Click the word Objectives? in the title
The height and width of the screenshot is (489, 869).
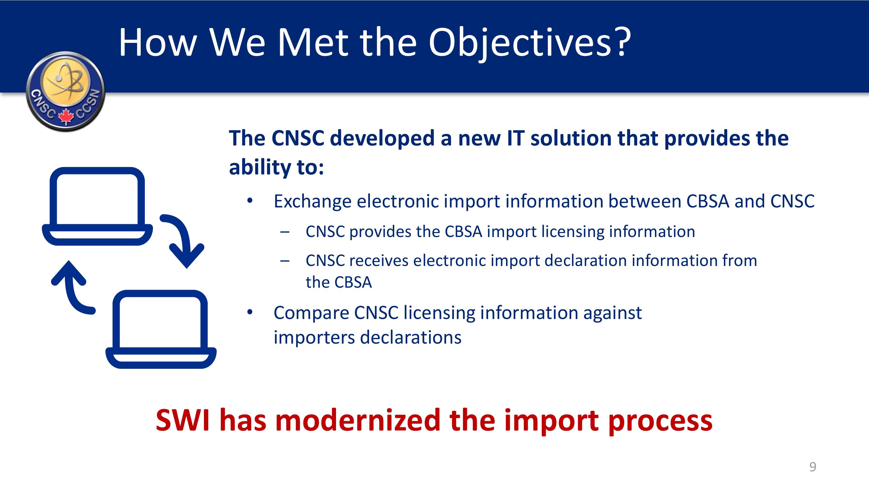(530, 43)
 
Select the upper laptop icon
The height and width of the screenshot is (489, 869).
(97, 206)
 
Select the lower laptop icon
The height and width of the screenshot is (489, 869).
(161, 329)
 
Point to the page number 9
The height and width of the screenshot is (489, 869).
(813, 467)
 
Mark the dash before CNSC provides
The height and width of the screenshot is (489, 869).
(285, 232)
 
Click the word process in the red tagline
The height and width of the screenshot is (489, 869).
(660, 422)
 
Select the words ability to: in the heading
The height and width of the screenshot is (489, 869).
(276, 167)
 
